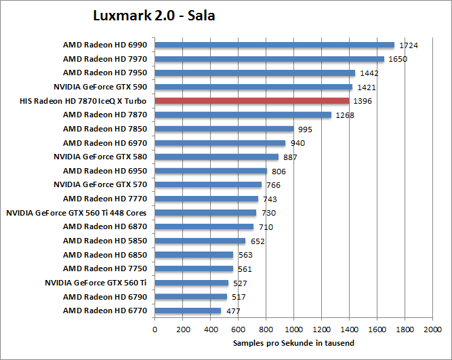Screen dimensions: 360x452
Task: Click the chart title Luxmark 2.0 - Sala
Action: point(154,15)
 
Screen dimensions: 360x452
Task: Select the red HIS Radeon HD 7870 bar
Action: point(252,101)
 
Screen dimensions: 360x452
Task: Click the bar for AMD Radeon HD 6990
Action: point(274,45)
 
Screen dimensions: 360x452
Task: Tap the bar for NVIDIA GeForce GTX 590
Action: point(253,87)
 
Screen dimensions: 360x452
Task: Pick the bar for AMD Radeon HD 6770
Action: point(188,311)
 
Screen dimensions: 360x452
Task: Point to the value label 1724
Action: point(409,45)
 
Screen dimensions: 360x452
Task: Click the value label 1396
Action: point(363,101)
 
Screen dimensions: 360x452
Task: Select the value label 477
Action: point(232,311)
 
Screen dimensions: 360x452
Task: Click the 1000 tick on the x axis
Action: point(293,329)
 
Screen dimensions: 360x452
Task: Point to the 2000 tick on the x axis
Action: point(432,329)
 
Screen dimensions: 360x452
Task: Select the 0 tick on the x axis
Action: point(155,329)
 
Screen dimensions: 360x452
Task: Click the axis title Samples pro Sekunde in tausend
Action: point(293,344)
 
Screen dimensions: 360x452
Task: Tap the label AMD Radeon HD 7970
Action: point(105,59)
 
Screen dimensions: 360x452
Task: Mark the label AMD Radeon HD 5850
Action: point(105,241)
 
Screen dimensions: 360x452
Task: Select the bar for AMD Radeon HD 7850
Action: point(224,129)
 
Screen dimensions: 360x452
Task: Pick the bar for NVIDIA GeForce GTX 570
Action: point(208,184)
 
